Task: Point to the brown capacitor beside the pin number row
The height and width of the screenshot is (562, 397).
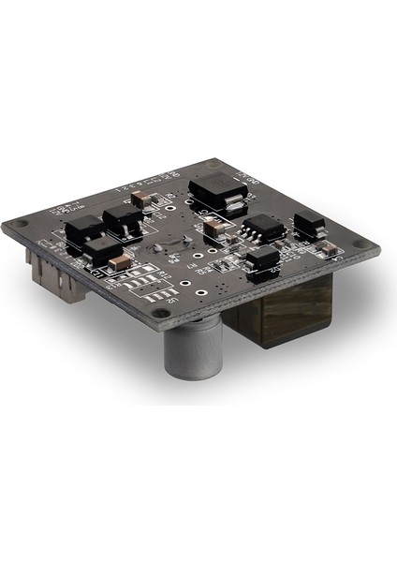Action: click(140, 198)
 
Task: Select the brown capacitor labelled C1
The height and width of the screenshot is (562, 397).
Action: click(121, 260)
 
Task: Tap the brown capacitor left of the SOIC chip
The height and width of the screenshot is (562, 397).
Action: click(213, 226)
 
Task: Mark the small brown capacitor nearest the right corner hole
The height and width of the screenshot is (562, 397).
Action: click(327, 247)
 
